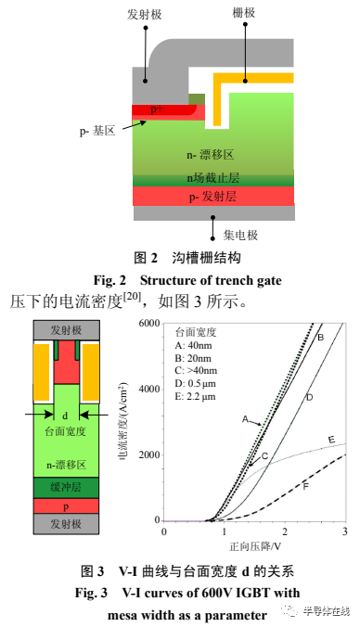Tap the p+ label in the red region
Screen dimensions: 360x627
tap(158, 109)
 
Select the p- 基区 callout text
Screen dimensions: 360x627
tap(97, 132)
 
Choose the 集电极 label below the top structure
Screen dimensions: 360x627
tap(240, 228)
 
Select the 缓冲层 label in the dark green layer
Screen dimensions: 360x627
tap(64, 486)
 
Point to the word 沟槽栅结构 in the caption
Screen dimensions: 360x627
tap(200, 256)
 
